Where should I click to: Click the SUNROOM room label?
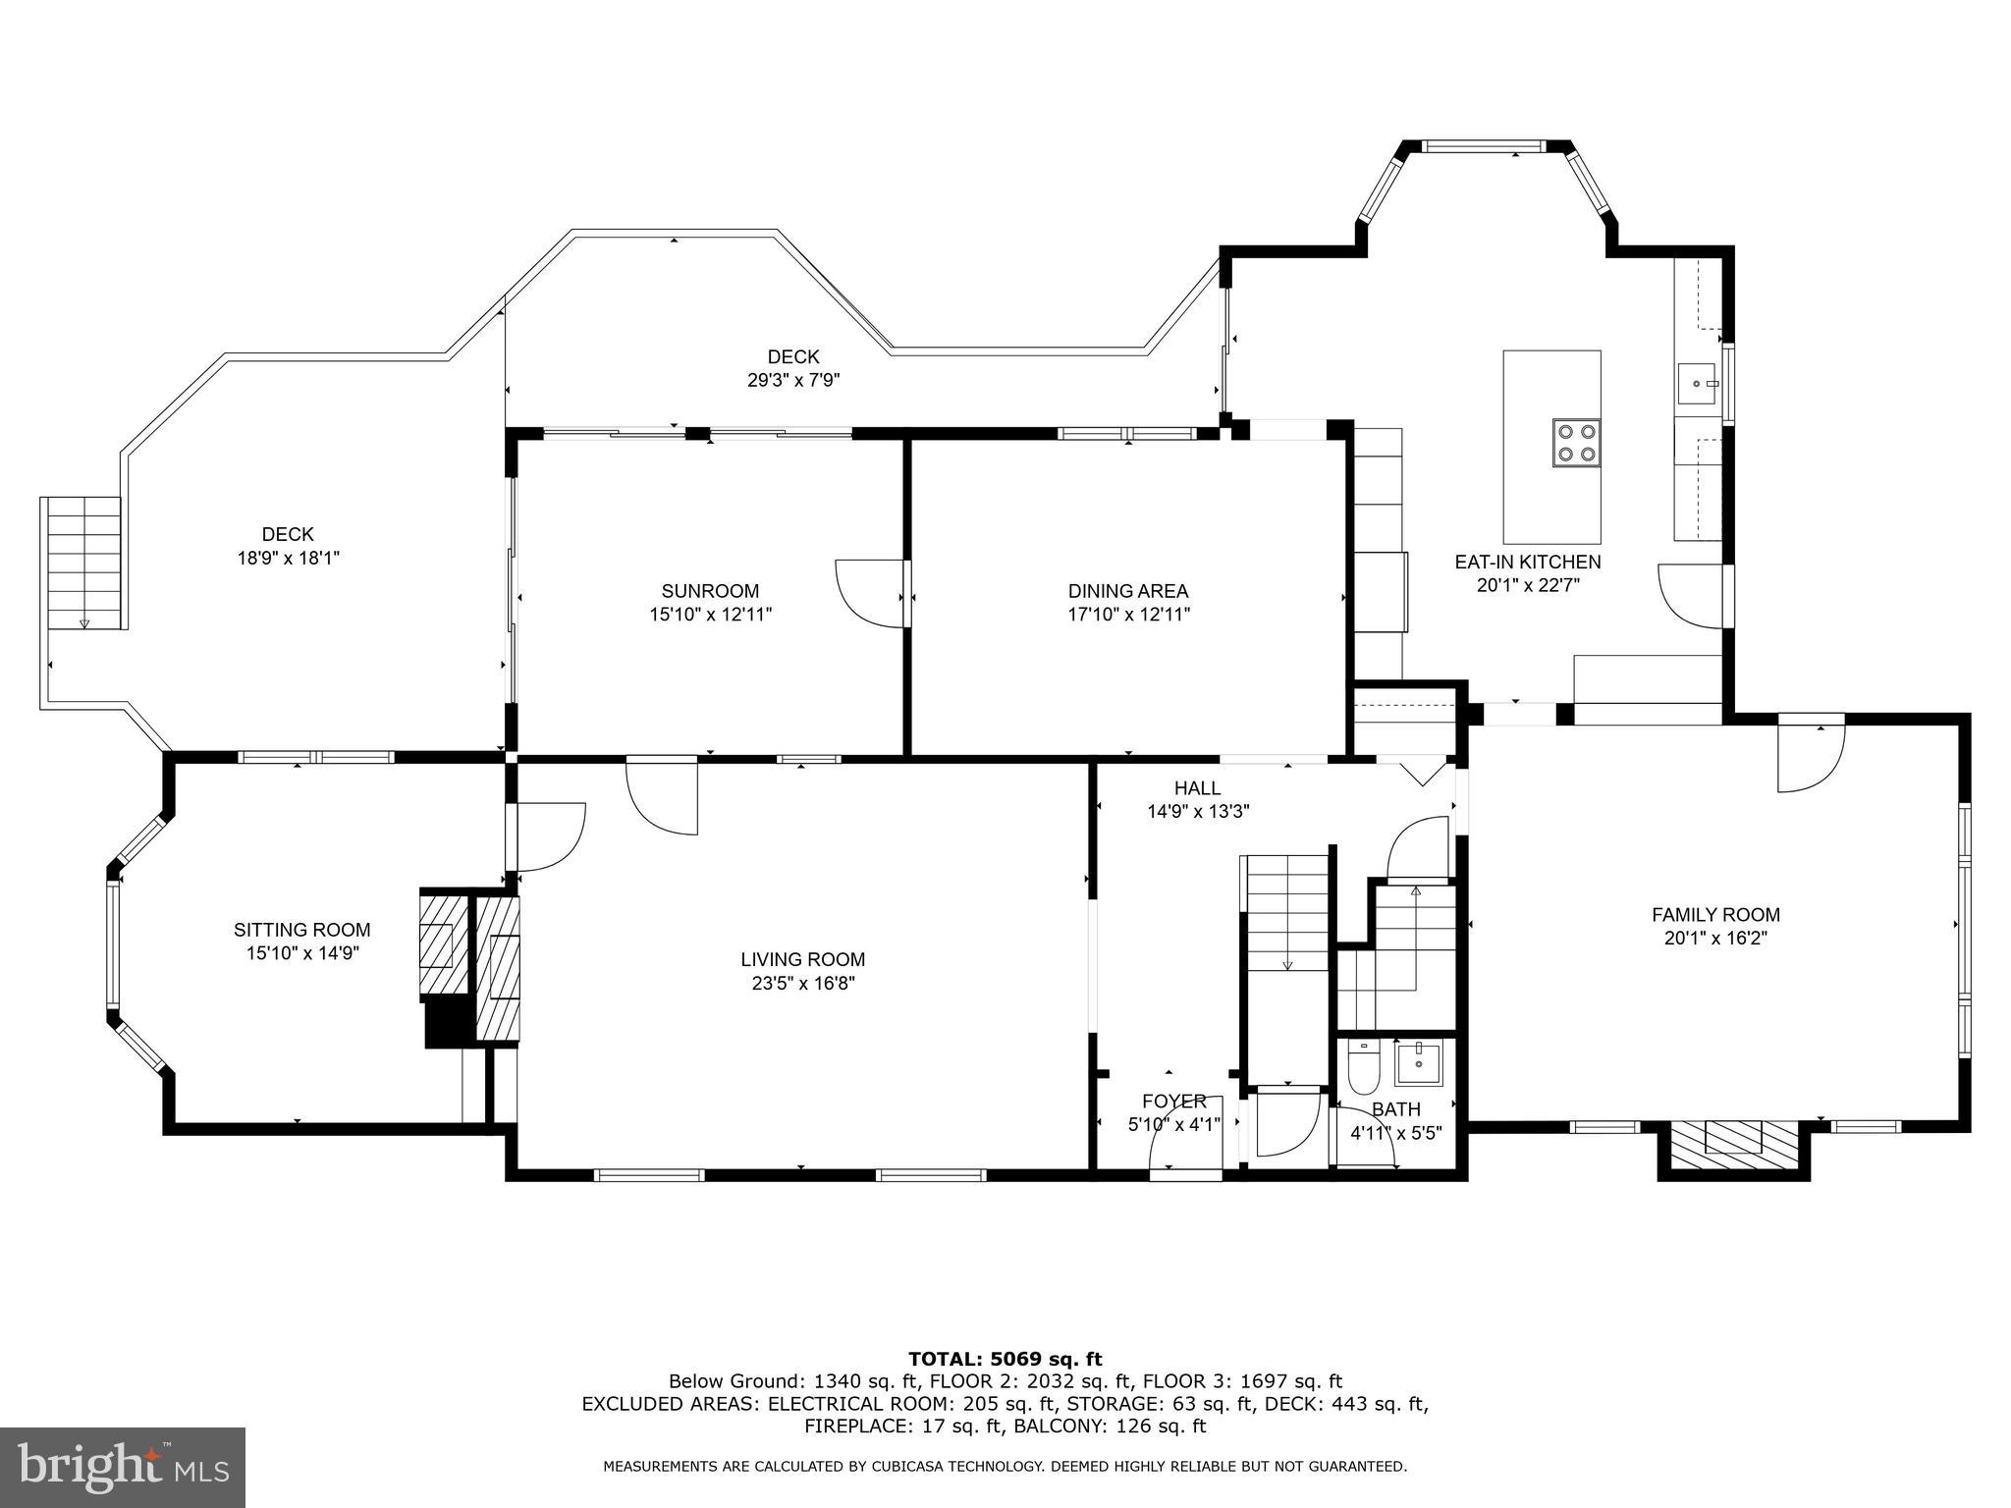point(710,591)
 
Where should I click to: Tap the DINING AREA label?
point(1128,591)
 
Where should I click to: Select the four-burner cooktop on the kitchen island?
point(1576,442)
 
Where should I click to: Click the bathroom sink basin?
point(1417,1064)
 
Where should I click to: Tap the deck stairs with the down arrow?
point(84,563)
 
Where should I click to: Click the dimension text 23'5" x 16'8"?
point(802,984)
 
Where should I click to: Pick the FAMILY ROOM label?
point(1715,915)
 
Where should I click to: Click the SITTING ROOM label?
point(301,930)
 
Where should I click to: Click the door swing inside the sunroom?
point(868,592)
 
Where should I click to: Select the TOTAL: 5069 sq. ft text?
point(1005,1359)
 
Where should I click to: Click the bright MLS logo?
point(123,1467)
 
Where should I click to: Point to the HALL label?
point(1197,788)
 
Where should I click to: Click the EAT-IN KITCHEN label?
point(1527,562)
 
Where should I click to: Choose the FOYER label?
point(1173,1102)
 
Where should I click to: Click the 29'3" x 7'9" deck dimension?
point(793,380)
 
